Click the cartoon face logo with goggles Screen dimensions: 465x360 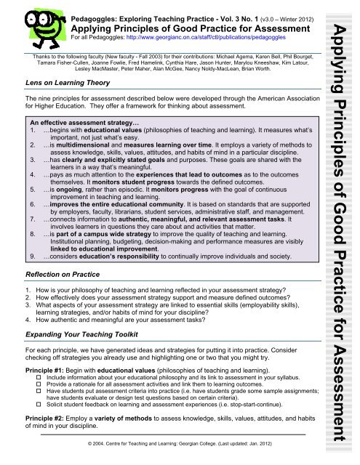pyautogui.click(x=35, y=24)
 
